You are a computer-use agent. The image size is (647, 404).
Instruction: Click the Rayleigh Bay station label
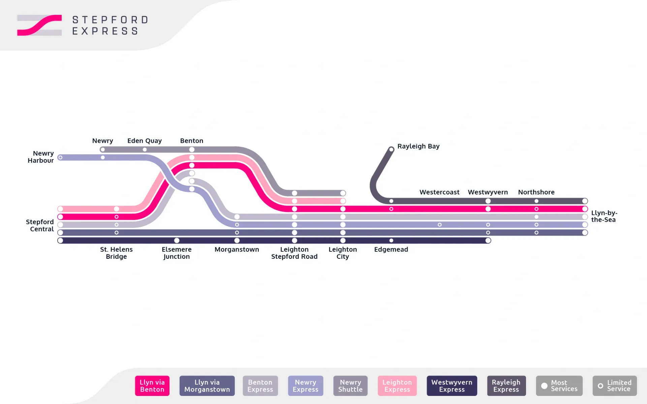418,146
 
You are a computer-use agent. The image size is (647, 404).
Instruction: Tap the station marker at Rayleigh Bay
391,149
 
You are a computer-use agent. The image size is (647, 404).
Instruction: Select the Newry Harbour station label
41,157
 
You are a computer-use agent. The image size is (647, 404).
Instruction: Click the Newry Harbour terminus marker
60,157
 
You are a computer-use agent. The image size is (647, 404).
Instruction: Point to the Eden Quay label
144,141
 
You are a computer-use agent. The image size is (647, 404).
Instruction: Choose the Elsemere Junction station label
177,253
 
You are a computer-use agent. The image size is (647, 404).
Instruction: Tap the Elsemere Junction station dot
177,241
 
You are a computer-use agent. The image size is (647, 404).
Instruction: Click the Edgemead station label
391,249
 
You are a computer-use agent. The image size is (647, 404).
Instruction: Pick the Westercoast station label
439,192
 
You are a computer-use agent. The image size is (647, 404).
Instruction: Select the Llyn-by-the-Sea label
604,216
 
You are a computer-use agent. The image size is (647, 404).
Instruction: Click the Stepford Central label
40,225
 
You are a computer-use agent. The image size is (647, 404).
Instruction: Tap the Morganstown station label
237,249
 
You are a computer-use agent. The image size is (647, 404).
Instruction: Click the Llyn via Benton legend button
152,386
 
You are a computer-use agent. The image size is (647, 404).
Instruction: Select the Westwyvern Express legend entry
452,386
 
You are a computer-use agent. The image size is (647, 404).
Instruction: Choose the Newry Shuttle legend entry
350,386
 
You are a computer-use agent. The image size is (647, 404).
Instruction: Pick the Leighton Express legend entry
397,386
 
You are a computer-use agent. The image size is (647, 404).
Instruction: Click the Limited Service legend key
615,386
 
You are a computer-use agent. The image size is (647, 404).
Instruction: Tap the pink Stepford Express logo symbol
39,25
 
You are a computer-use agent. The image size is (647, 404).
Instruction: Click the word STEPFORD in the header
110,20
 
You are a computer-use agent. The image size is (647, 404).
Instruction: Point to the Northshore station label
536,192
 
